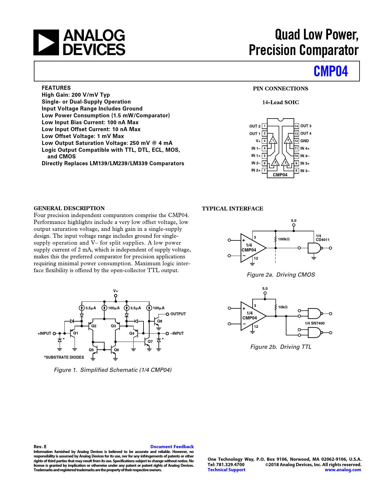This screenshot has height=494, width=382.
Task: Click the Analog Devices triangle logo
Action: pos(46,42)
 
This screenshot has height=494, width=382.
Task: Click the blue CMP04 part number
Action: pos(330,71)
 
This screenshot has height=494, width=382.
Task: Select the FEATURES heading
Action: pos(56,88)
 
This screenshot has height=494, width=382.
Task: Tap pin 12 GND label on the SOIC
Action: pos(304,141)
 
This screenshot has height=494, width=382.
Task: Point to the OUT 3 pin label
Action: pos(306,126)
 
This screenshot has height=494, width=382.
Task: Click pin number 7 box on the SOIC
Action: pos(264,170)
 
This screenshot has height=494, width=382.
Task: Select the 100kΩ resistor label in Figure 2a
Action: pos(283,239)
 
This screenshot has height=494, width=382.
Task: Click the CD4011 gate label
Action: pos(322,240)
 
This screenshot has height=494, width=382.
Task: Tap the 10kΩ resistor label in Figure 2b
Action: pos(283,307)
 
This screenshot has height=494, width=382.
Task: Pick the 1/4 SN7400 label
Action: pos(315,323)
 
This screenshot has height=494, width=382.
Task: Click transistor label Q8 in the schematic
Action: pos(160,321)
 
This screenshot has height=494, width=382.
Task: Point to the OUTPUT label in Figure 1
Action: pos(178,314)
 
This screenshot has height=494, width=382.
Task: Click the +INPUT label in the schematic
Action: pos(44,334)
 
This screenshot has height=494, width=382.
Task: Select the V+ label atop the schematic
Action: pos(116,291)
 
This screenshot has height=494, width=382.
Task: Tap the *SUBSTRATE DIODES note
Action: pos(64,357)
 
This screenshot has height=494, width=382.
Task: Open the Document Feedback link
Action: pos(172,447)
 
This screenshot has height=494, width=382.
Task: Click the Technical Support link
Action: pos(226,470)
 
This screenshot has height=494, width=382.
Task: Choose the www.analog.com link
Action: pos(343,470)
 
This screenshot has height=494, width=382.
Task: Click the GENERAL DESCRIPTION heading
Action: pos(69,208)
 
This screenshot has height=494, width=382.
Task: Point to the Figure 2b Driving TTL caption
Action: pos(281,347)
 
